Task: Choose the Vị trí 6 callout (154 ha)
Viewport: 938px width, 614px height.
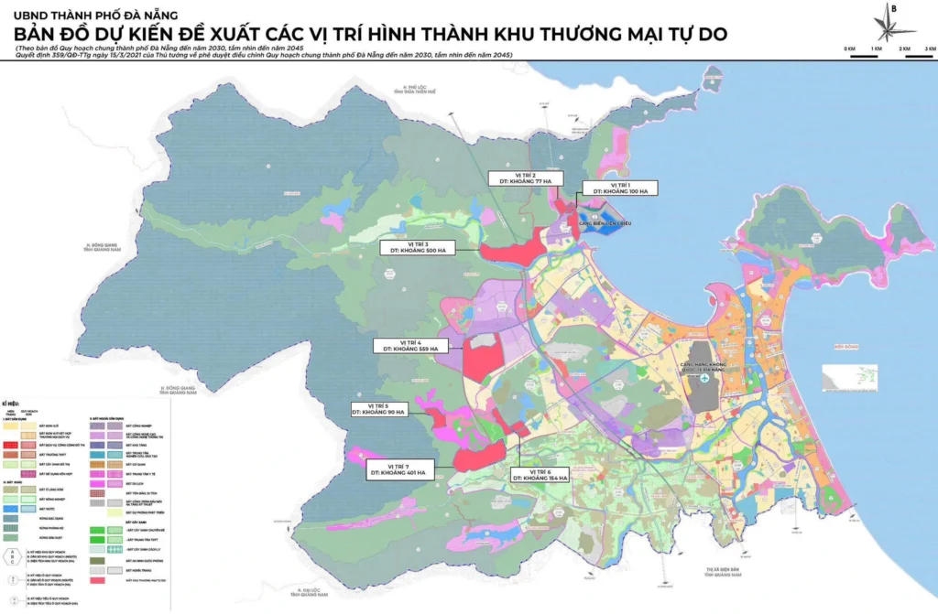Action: click(x=540, y=474)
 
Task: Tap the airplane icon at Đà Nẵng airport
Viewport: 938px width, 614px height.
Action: click(x=716, y=377)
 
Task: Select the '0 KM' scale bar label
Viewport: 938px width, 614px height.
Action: click(x=849, y=48)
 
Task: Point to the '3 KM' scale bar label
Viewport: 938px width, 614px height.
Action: click(x=929, y=48)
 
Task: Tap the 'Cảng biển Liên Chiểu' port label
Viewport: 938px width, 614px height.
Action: click(x=606, y=221)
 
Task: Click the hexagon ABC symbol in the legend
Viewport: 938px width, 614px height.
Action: click(x=12, y=556)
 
